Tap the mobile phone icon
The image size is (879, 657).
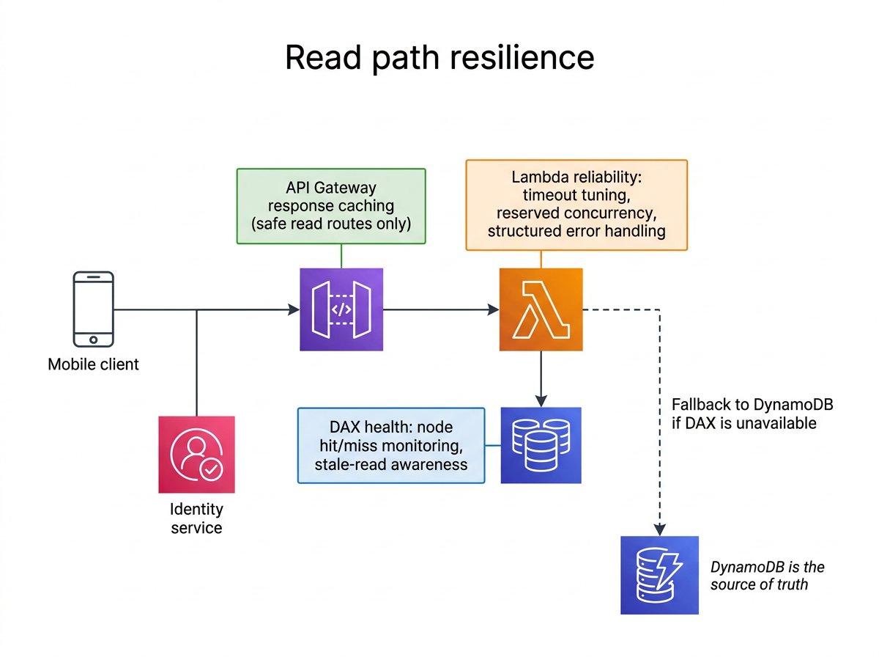click(x=94, y=309)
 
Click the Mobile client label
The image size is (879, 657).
click(x=94, y=364)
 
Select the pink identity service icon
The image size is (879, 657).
click(x=196, y=455)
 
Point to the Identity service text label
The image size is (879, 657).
click(x=196, y=518)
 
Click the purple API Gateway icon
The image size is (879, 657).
click(x=341, y=309)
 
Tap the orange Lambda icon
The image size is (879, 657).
click(x=541, y=309)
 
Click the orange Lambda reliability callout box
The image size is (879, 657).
click(x=576, y=205)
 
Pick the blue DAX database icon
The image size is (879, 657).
click(x=541, y=445)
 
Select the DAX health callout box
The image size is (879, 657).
click(x=391, y=445)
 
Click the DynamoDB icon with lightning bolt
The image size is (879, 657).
click(x=659, y=575)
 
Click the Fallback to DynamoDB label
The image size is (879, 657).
click(x=752, y=414)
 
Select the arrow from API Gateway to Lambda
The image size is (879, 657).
click(x=439, y=310)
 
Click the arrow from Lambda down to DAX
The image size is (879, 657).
click(x=541, y=378)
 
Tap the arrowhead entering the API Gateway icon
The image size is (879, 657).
click(x=294, y=310)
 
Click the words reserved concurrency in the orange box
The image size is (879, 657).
click(x=576, y=213)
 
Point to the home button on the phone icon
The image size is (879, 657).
click(x=94, y=339)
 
